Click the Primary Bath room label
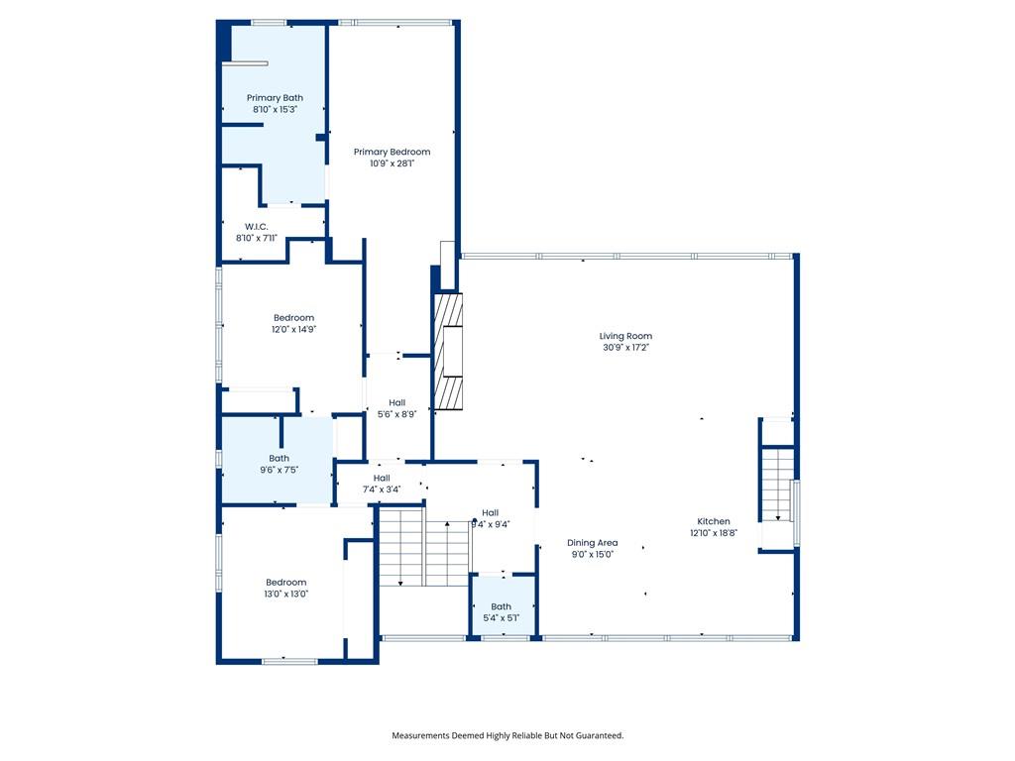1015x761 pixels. tap(275, 98)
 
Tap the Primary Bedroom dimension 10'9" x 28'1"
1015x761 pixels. tap(392, 163)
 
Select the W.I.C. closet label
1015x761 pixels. tap(257, 227)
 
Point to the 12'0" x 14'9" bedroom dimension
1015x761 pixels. tap(293, 329)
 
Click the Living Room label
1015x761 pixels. tap(625, 336)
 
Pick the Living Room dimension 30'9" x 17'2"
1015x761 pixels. tap(625, 348)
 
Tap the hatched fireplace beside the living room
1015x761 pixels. tap(448, 352)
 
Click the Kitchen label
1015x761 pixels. tap(714, 521)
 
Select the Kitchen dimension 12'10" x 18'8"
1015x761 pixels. tap(714, 533)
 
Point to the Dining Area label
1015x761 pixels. tap(593, 543)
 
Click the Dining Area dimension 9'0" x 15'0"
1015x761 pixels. tap(593, 555)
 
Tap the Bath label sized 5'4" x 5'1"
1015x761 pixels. tap(501, 606)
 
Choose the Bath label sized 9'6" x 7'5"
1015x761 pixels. tap(279, 458)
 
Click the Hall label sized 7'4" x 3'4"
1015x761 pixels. tap(382, 479)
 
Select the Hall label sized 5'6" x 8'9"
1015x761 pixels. tap(396, 402)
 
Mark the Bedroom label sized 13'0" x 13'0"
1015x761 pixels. tap(286, 583)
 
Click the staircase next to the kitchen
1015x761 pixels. tap(777, 484)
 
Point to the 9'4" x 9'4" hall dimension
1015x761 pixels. tap(490, 525)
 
